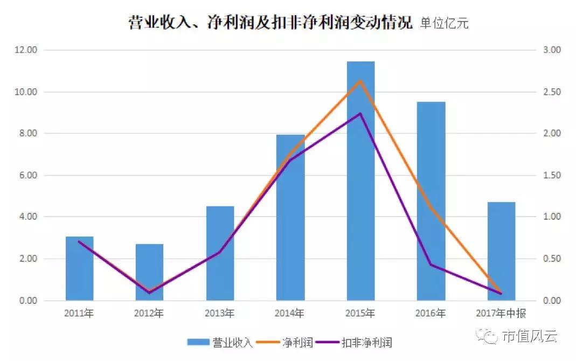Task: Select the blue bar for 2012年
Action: pos(149,272)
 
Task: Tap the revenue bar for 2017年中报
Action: pos(501,251)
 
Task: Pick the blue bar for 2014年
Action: pos(290,217)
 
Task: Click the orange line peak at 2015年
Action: pos(360,81)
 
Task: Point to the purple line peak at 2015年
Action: pos(360,114)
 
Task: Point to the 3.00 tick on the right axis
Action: pos(552,50)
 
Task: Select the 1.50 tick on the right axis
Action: pos(552,176)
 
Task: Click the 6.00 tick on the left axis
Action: pos(26,176)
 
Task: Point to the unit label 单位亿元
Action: pos(445,24)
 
